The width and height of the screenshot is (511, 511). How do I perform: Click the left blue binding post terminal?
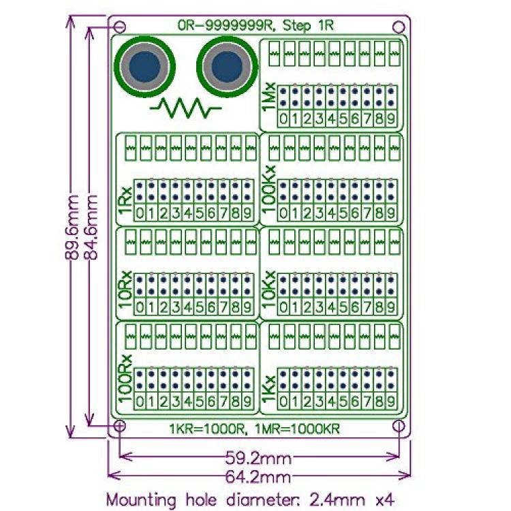tap(144, 67)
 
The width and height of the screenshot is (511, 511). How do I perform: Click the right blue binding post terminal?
tap(227, 67)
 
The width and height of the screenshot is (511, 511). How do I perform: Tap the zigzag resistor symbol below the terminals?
tap(186, 108)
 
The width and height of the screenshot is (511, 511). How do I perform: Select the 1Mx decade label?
tap(270, 97)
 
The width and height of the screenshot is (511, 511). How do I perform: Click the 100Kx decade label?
tap(269, 189)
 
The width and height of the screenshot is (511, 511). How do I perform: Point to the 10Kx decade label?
tap(269, 290)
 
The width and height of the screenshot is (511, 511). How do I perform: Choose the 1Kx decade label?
tap(269, 390)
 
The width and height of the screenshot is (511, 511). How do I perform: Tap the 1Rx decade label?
tap(125, 200)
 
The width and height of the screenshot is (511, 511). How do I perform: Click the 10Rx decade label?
tap(125, 290)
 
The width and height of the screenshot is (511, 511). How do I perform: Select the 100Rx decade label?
tap(125, 379)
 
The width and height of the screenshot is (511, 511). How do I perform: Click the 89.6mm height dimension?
tap(72, 227)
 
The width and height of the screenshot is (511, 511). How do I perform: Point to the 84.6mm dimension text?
tap(91, 227)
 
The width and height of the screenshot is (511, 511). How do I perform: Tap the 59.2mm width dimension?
tap(258, 459)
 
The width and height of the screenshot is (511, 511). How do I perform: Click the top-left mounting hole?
tap(120, 27)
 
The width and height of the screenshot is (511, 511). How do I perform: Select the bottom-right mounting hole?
tap(399, 426)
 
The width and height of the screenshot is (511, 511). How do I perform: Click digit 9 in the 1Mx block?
tap(391, 119)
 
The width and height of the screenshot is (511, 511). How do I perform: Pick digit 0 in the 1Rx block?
tap(140, 213)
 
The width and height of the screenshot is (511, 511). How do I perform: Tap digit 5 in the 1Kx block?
tap(343, 401)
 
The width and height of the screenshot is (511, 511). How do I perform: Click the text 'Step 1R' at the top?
tap(308, 25)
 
